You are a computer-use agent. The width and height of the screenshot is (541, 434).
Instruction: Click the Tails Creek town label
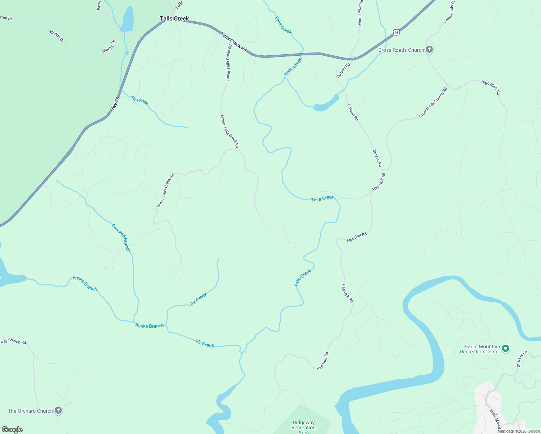[174, 18]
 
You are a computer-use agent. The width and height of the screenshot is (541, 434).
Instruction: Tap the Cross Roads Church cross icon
[429, 50]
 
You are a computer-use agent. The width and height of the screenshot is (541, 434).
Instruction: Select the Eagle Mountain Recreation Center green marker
[506, 349]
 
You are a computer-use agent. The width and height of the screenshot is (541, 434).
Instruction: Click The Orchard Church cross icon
[58, 410]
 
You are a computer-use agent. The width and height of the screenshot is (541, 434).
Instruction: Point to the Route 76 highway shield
[396, 33]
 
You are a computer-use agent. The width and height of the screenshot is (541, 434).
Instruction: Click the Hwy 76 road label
[115, 103]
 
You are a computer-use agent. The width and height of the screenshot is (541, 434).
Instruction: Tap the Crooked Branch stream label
[121, 238]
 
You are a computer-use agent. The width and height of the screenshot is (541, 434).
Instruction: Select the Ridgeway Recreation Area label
[304, 427]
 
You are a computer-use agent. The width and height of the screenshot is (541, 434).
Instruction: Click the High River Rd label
[491, 88]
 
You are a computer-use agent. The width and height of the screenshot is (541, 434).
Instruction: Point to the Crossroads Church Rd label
[433, 102]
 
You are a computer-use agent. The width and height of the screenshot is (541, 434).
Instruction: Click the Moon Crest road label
[360, 13]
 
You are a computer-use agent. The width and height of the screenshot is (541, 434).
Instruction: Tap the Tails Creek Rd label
[234, 42]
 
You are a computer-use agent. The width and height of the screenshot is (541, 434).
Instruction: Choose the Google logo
[12, 429]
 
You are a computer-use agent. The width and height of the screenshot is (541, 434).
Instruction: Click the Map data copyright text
[519, 431]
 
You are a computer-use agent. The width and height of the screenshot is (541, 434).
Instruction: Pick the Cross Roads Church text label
[401, 50]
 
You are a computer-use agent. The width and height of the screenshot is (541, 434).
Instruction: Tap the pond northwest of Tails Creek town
[128, 19]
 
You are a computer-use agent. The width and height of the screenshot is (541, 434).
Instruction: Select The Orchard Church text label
[30, 411]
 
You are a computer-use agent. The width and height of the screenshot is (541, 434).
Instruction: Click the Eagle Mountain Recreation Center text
[480, 349]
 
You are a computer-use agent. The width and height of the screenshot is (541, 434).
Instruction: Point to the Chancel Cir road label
[522, 358]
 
